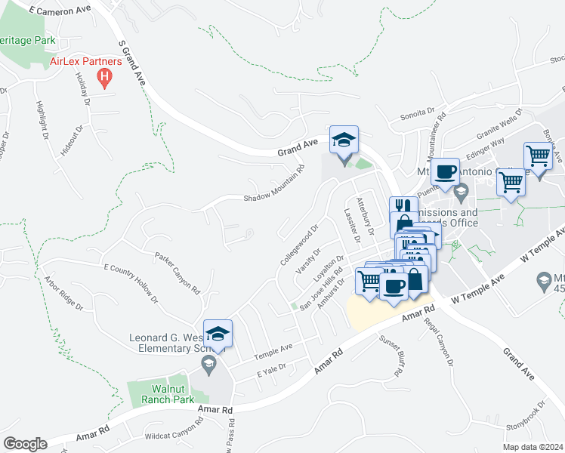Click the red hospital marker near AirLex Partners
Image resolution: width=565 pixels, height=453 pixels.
(106, 77)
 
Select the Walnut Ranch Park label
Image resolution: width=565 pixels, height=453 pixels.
(160, 393)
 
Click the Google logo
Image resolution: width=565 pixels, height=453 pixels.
(25, 443)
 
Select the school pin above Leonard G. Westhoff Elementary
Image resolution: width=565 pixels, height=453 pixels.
(218, 334)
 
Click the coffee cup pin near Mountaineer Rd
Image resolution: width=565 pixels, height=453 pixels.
(445, 171)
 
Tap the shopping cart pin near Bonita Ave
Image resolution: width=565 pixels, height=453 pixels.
(538, 156)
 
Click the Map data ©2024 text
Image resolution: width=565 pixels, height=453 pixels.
(533, 446)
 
